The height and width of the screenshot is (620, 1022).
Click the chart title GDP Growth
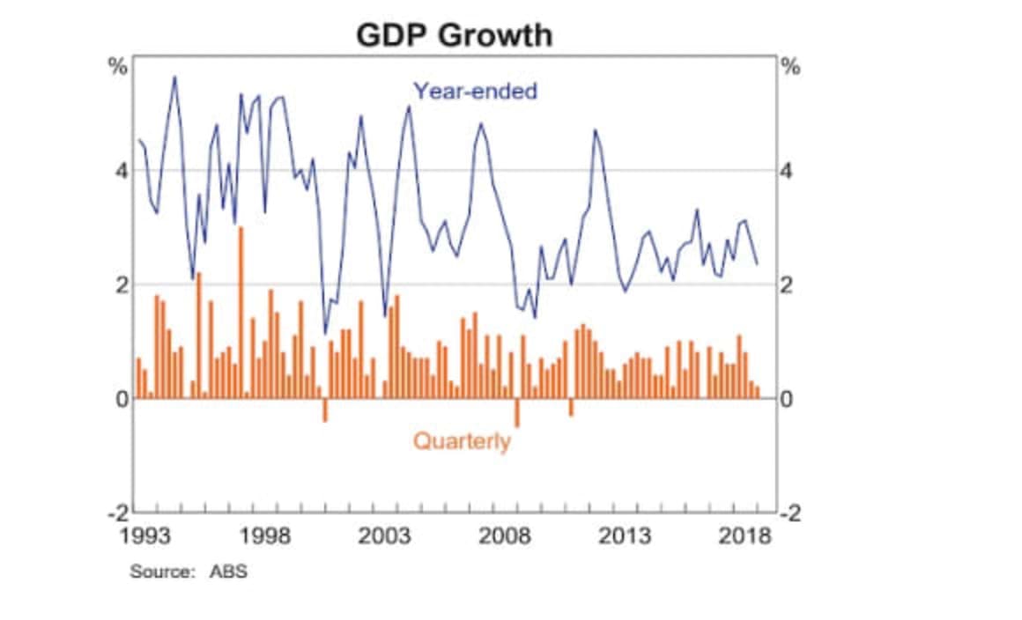click(455, 35)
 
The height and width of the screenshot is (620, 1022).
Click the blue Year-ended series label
click(475, 91)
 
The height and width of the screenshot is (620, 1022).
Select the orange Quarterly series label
click(462, 440)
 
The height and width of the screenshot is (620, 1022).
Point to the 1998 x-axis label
click(265, 536)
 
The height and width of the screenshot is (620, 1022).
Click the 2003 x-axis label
click(386, 536)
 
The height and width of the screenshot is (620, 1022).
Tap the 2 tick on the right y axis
click(787, 284)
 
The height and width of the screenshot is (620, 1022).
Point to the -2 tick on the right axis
click(790, 514)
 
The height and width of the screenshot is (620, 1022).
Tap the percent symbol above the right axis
click(791, 66)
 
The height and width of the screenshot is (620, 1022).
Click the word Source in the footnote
click(161, 572)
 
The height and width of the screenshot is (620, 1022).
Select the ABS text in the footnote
click(228, 572)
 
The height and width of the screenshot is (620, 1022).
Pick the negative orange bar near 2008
click(517, 412)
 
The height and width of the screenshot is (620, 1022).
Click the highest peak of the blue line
click(174, 77)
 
